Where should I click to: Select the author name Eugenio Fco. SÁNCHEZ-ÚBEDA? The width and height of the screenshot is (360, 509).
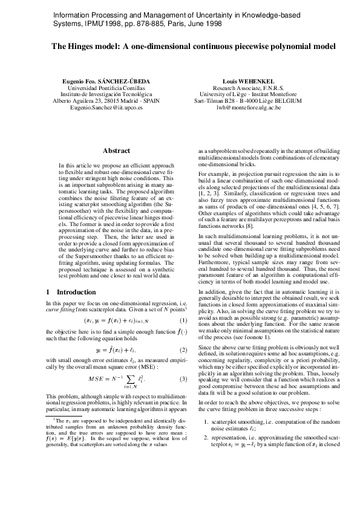click(x=106, y=81)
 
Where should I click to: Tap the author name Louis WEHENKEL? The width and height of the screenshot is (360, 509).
click(x=249, y=81)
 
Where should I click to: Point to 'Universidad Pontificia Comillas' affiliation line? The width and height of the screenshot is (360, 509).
click(x=106, y=88)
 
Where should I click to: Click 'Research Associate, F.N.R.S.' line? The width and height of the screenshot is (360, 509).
click(x=249, y=88)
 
